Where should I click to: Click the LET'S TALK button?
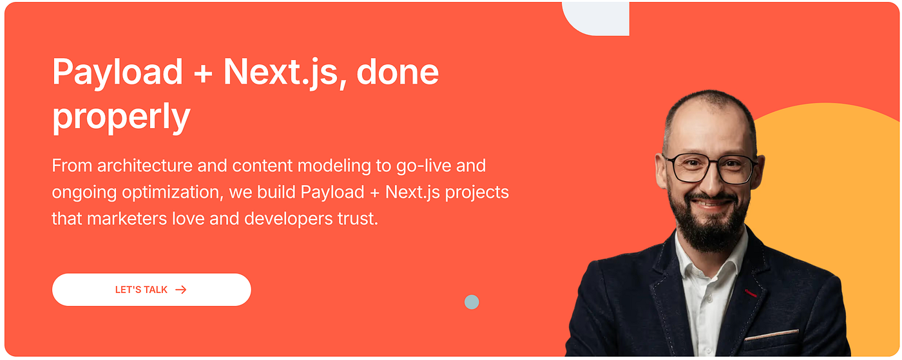point(151,290)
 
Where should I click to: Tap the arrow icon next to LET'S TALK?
point(181,290)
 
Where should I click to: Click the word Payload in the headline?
point(117,73)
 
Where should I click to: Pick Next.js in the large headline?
point(280,73)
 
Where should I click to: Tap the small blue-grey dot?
point(472,302)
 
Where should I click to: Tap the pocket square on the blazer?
point(771,335)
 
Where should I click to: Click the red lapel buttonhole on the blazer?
point(750,293)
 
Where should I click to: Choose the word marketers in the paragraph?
point(127,219)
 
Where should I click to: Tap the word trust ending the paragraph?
point(358,219)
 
